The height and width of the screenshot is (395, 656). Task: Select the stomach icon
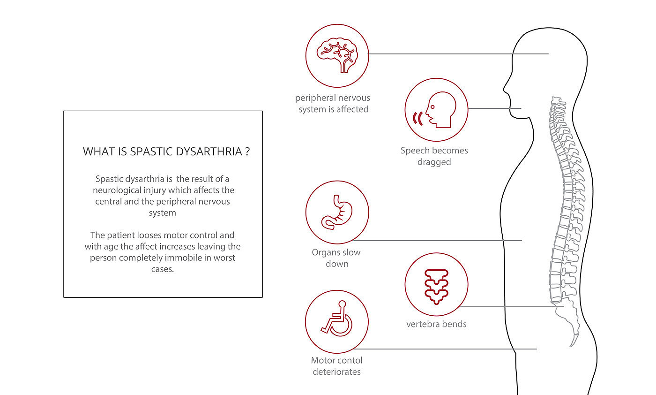click(337, 213)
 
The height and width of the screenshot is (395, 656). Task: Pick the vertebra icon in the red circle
click(436, 285)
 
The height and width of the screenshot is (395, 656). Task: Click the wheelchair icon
click(337, 321)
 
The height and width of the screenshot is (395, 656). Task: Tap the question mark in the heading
click(246, 152)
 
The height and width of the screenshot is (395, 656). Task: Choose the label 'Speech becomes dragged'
click(434, 156)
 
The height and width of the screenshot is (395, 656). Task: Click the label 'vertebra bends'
click(436, 324)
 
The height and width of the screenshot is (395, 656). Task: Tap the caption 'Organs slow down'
click(336, 258)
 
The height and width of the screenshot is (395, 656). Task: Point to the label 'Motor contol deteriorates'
click(336, 366)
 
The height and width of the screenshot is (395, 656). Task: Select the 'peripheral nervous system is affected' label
click(333, 104)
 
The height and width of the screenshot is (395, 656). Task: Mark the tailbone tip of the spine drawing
click(572, 345)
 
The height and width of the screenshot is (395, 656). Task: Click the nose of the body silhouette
click(505, 87)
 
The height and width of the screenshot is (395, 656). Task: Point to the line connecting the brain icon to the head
click(459, 54)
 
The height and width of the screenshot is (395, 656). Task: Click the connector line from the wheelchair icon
click(445, 349)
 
